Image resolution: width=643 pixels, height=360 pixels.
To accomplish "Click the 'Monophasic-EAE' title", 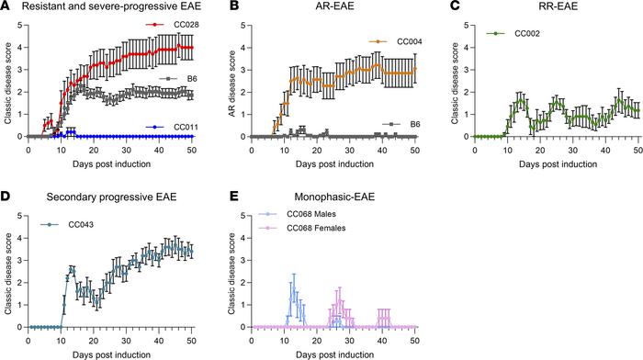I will (289, 198).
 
